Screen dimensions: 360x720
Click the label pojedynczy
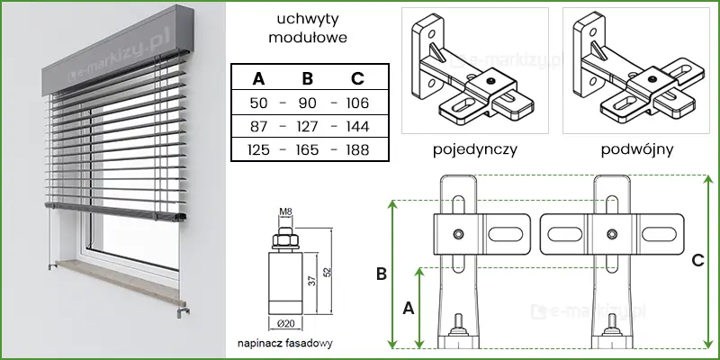coord(474,148)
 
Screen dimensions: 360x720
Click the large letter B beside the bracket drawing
coord(381,272)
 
